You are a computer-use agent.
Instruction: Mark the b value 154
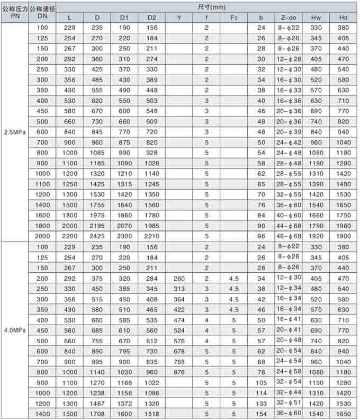[x=261, y=414]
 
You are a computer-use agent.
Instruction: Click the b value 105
[x=261, y=382]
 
